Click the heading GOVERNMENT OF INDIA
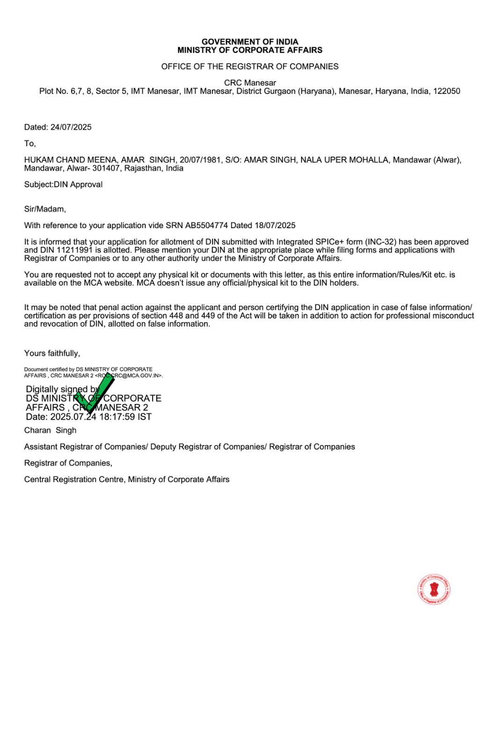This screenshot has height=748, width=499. tap(249, 42)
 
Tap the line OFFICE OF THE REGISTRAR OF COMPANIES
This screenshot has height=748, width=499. tap(249, 66)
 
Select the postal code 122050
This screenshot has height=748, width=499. tap(447, 91)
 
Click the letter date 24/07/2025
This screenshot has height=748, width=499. tap(71, 127)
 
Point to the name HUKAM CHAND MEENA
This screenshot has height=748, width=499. tap(70, 160)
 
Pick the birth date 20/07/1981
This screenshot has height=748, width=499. tap(200, 160)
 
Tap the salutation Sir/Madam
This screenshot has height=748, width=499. tap(45, 209)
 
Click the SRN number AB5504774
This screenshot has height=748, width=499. tap(206, 225)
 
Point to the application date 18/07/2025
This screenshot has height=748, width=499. tap(275, 225)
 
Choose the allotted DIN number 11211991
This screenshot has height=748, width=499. tap(75, 250)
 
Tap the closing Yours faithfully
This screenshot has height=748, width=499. tap(52, 353)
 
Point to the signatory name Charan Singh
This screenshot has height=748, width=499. tap(50, 431)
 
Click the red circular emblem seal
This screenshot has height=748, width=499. tap(434, 590)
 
